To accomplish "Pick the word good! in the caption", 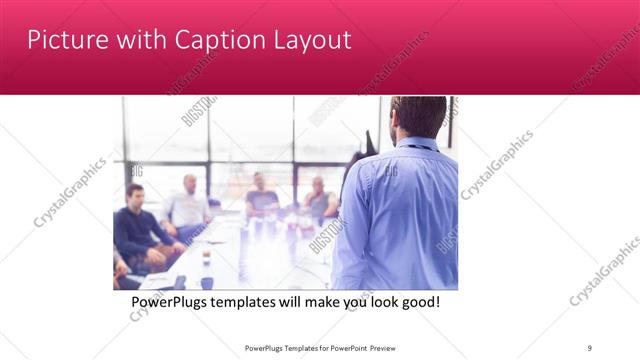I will pos(419,302).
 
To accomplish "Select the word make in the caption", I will pos(332,302).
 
